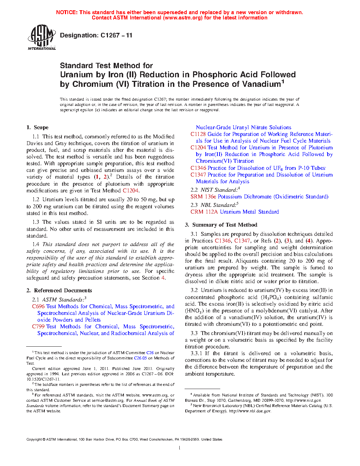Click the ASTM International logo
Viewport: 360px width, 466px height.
(41, 37)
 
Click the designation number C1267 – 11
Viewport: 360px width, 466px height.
(116, 35)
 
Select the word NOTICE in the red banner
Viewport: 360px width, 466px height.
(67, 12)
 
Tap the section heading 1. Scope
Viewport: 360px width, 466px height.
(37, 127)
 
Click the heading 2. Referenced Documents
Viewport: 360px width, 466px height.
(59, 291)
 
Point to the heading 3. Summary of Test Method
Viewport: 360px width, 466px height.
(221, 225)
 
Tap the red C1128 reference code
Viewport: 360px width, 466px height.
(198, 134)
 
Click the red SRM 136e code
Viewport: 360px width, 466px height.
(203, 197)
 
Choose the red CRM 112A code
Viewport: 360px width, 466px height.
(204, 212)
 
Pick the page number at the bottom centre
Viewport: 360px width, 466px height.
(180, 448)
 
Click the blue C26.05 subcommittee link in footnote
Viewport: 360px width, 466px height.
(140, 358)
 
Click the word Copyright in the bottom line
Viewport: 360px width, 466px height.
(34, 440)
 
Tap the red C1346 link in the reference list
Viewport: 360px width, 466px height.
(198, 168)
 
